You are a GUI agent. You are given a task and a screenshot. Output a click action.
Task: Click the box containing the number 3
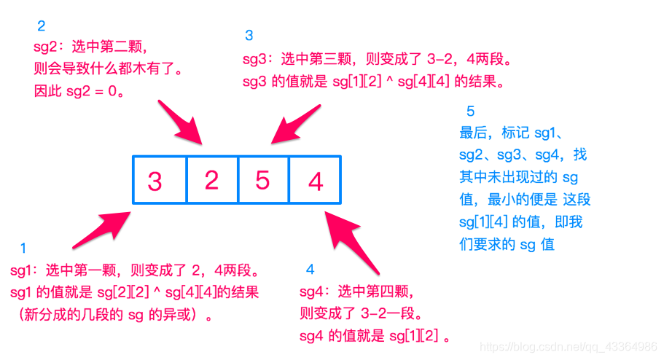pyautogui.click(x=159, y=180)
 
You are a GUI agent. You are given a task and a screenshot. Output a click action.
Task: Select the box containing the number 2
pyautogui.click(x=211, y=180)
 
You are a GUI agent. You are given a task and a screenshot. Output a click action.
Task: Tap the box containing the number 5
pyautogui.click(x=263, y=180)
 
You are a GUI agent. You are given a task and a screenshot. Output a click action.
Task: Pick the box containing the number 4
pyautogui.click(x=316, y=180)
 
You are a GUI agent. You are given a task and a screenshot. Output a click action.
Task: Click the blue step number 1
pyautogui.click(x=23, y=249)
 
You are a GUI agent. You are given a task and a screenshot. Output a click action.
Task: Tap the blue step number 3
pyautogui.click(x=249, y=35)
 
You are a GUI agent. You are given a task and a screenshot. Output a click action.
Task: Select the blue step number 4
pyautogui.click(x=310, y=270)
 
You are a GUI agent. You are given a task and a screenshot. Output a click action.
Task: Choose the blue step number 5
pyautogui.click(x=470, y=112)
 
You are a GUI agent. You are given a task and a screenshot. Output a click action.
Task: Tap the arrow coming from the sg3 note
pyautogui.click(x=295, y=123)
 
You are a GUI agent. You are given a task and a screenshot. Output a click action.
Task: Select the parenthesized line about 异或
pyautogui.click(x=109, y=315)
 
